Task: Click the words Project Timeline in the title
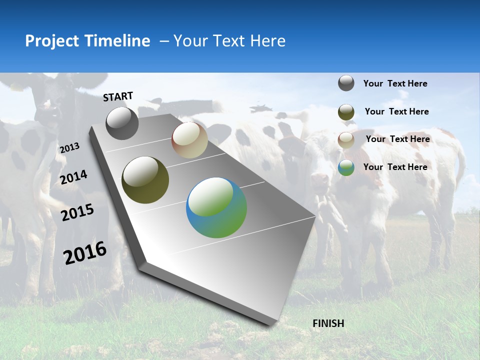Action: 87,41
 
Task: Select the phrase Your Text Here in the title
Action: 229,41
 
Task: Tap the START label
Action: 118,96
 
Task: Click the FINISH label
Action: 328,323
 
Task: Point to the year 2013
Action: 69,147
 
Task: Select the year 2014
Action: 73,177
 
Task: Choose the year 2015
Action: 77,212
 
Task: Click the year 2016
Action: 85,252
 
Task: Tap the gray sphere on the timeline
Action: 122,123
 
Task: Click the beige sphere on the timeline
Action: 189,140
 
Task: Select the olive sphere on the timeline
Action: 145,180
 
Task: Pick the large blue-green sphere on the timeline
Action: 216,207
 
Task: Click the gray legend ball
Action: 346,83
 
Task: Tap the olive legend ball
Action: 346,112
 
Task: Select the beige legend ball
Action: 346,140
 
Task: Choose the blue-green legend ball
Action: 346,167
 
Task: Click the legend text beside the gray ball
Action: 395,83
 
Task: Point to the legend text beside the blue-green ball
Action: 395,167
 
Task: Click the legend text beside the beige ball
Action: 397,139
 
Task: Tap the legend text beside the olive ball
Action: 396,111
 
